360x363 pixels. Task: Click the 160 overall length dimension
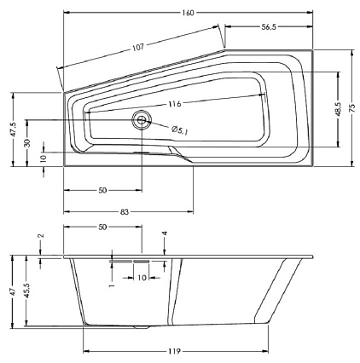tap(188, 13)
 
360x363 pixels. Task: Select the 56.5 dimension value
tap(269, 27)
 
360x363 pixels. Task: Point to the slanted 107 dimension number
tap(138, 47)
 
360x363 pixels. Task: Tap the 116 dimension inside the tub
tap(174, 104)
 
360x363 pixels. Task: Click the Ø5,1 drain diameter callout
tap(180, 130)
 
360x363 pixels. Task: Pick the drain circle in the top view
tap(142, 120)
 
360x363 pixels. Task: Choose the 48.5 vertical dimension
tap(338, 109)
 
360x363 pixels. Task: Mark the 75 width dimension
tap(352, 108)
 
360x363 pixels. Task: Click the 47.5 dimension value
tap(13, 130)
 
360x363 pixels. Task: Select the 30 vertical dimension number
tap(27, 143)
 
